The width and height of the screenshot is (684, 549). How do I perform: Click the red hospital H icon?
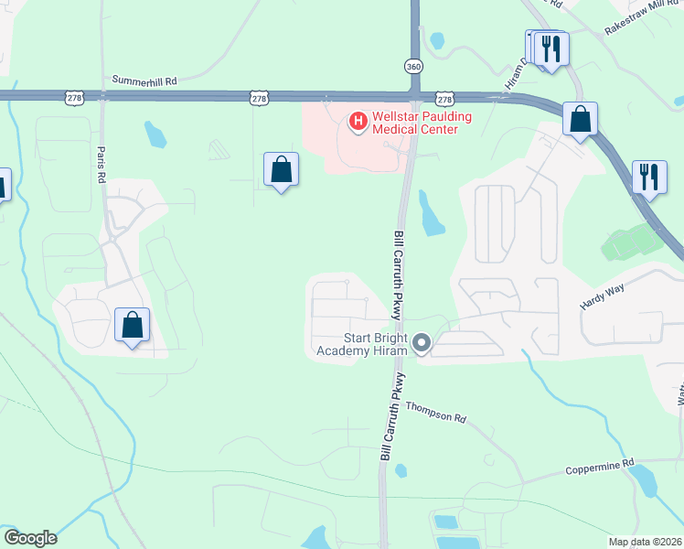click(358, 120)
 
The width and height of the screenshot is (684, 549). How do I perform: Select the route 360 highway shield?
click(413, 66)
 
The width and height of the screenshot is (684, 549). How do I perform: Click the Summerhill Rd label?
click(144, 81)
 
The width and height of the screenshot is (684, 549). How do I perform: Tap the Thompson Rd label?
click(436, 412)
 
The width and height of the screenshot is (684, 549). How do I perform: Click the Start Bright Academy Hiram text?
click(361, 343)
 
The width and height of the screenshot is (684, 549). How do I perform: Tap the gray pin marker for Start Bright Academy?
click(422, 343)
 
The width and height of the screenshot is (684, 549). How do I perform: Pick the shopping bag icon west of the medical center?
click(281, 170)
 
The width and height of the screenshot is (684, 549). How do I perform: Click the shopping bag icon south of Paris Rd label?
click(133, 325)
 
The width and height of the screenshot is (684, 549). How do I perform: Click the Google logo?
click(30, 538)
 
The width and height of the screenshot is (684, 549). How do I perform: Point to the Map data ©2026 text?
click(644, 542)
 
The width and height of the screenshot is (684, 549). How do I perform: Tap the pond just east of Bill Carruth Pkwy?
click(430, 214)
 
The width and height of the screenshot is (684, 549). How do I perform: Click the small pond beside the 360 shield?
click(437, 40)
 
